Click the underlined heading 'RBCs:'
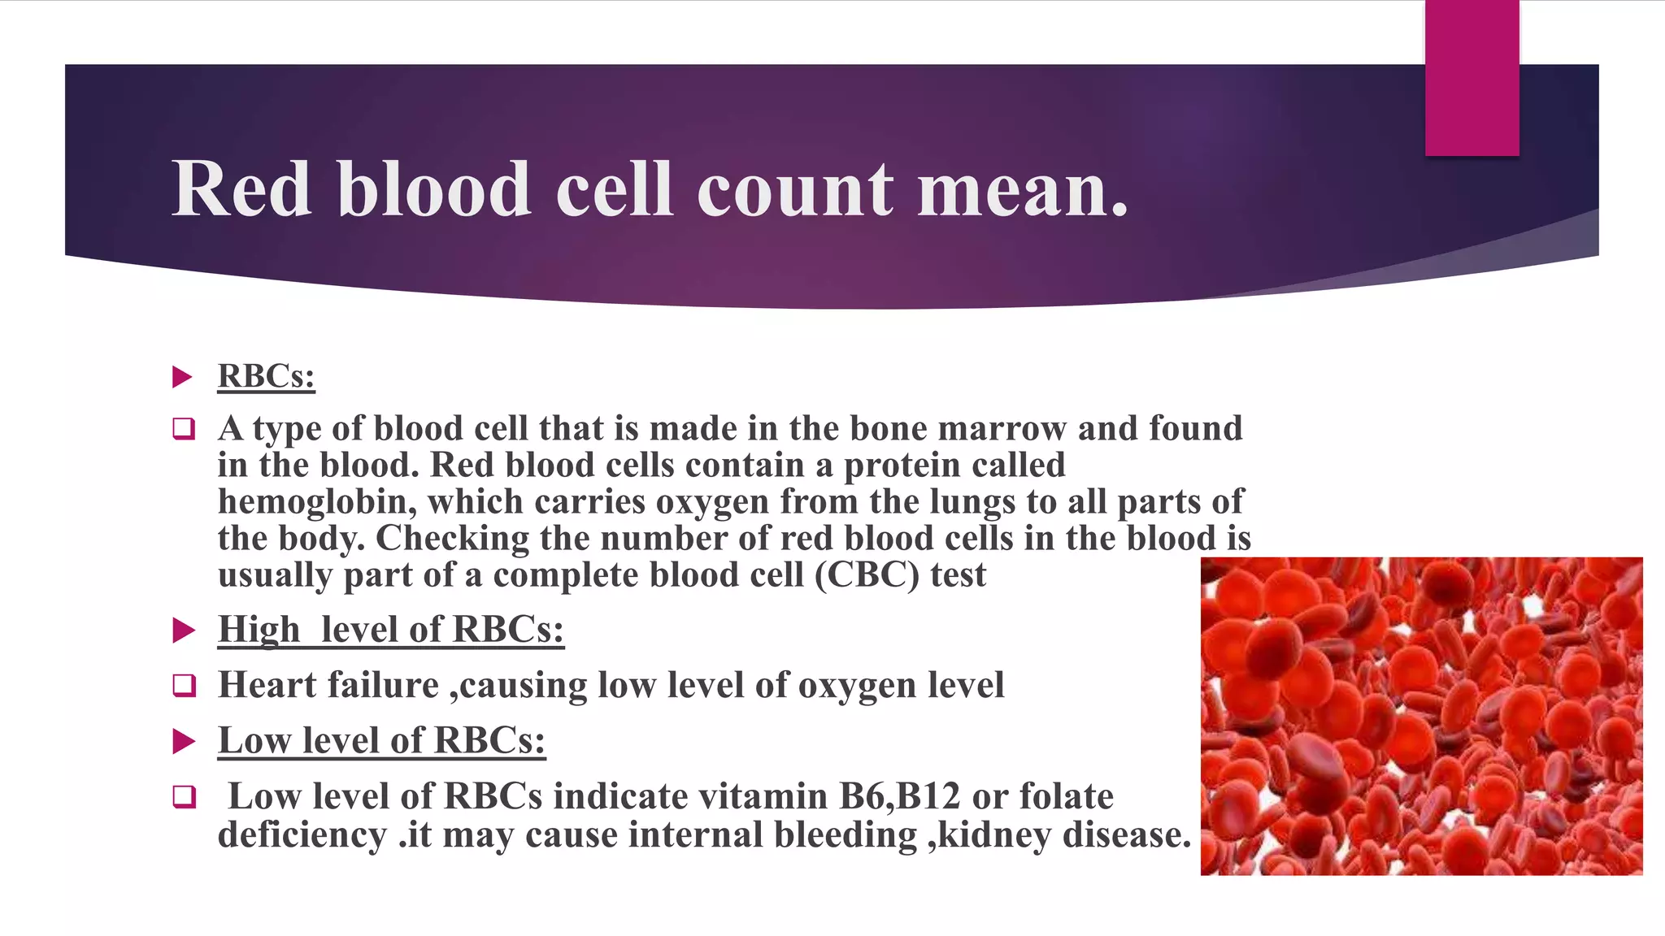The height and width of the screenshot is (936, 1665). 266,376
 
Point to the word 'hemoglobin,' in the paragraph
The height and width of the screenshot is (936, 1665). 317,502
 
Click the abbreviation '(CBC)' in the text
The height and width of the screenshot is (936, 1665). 868,575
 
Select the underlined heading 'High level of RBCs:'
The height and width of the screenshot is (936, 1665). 390,630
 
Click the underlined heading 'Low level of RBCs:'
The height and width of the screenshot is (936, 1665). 381,740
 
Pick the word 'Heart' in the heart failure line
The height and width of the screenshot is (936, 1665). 267,685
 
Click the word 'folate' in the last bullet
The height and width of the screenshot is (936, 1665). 1066,796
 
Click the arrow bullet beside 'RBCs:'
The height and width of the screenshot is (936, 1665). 183,377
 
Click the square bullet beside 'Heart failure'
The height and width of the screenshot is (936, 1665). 185,686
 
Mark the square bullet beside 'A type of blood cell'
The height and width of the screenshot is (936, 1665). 185,429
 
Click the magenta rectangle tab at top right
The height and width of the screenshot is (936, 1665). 1472,77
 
